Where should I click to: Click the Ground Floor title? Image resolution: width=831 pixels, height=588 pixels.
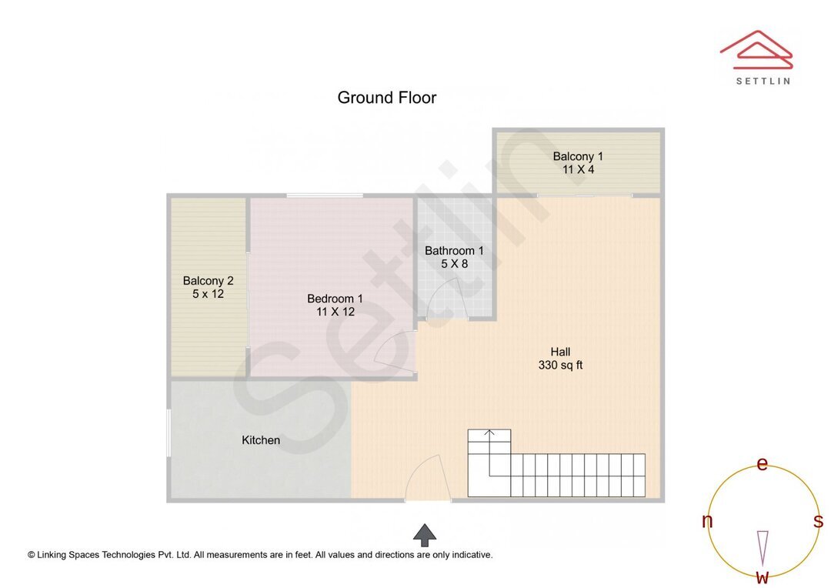[386, 98]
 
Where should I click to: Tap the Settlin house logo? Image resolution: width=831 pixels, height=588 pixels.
[756, 51]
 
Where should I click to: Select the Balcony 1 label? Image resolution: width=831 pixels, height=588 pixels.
[578, 156]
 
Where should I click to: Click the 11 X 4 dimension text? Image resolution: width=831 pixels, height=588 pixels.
[578, 169]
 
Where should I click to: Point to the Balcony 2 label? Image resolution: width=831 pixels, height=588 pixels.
[208, 281]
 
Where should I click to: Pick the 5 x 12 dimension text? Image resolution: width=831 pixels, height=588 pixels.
[208, 294]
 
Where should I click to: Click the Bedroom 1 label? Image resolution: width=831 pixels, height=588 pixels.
[335, 299]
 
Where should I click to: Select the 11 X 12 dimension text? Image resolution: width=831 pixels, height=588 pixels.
[335, 312]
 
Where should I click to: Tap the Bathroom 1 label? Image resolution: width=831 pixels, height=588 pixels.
[454, 250]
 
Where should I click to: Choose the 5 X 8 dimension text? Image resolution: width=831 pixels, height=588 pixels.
[454, 263]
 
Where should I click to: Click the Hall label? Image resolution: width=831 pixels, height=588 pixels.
[560, 352]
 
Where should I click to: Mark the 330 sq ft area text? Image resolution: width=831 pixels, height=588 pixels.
[560, 365]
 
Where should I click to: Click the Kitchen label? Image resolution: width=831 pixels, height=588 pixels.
[261, 440]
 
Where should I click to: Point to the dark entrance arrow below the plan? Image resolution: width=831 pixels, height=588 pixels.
[425, 534]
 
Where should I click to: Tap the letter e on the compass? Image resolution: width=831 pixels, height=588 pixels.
[763, 464]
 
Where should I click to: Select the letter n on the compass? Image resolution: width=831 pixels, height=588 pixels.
[707, 521]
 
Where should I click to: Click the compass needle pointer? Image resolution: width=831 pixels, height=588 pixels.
[763, 546]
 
